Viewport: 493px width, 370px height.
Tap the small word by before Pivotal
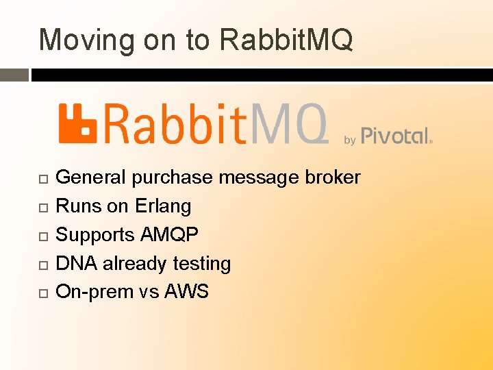tap(349, 140)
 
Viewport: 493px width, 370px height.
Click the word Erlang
tap(163, 206)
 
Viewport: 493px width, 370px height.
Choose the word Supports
tap(95, 235)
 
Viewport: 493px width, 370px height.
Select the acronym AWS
tap(186, 292)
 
